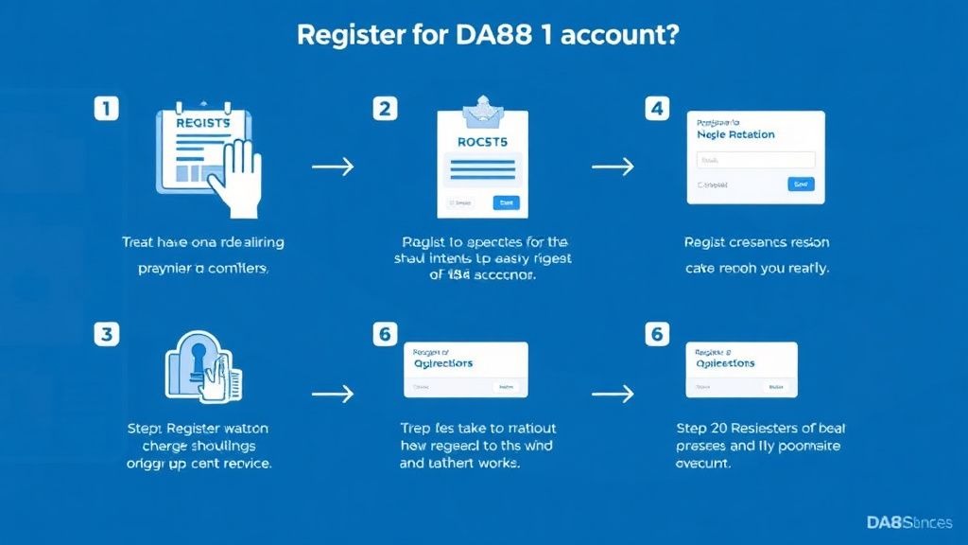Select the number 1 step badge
click(107, 109)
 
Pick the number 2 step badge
click(384, 109)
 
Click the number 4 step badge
click(657, 109)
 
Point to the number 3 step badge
click(107, 333)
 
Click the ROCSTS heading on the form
click(482, 142)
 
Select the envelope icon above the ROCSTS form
click(483, 113)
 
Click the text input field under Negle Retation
click(754, 160)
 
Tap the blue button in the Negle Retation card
click(801, 185)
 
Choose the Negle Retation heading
click(735, 135)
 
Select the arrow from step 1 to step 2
click(332, 167)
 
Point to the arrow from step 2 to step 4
click(612, 167)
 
